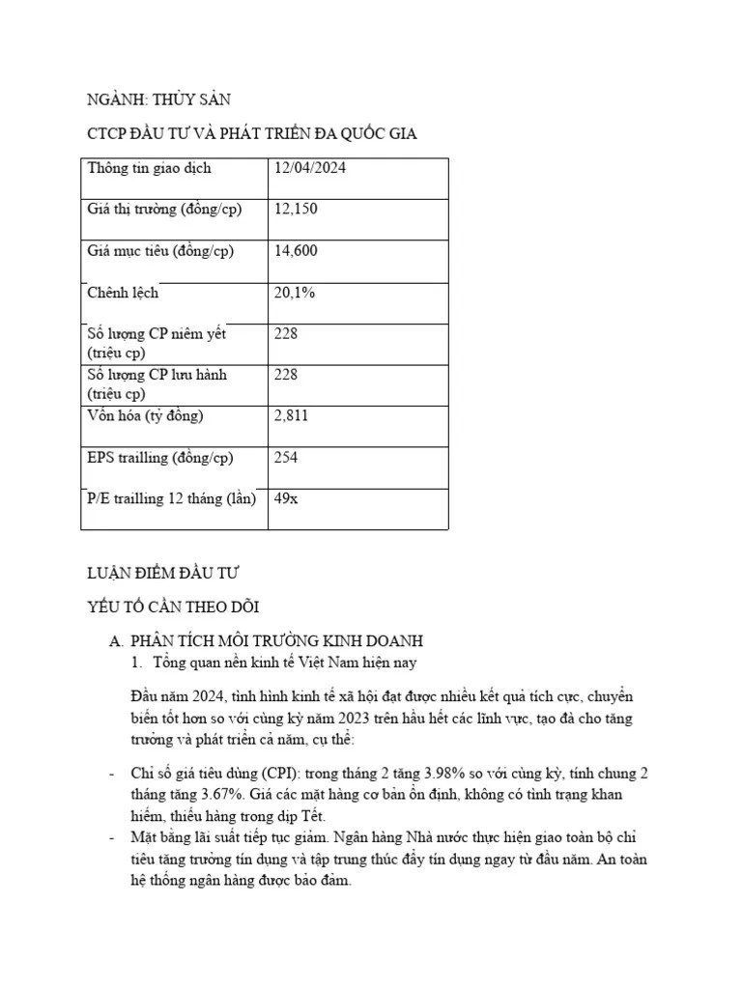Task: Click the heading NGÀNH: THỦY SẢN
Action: coord(159,99)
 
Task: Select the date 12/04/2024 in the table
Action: coord(310,168)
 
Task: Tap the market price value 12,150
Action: coord(297,210)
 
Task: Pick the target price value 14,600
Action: coord(297,251)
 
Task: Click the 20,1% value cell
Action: coord(295,293)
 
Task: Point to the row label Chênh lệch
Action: coord(123,293)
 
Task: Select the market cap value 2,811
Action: coord(292,416)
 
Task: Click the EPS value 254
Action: coord(286,458)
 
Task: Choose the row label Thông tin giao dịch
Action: coord(149,168)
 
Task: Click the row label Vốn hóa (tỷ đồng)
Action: coord(146,416)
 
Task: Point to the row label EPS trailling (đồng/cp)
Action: coord(160,458)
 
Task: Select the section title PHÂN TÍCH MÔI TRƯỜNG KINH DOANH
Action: coord(277,641)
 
